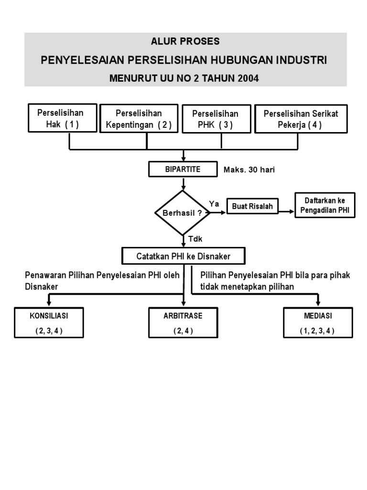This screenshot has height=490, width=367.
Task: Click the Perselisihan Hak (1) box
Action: tap(63, 119)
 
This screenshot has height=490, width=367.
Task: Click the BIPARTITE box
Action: tap(183, 169)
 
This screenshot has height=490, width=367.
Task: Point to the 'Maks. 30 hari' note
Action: tap(249, 170)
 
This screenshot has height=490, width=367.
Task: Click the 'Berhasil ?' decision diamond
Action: tap(183, 213)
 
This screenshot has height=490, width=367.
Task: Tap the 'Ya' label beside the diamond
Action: tap(214, 204)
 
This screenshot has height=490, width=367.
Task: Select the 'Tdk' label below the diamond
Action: tap(194, 239)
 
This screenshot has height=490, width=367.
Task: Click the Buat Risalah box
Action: tap(252, 206)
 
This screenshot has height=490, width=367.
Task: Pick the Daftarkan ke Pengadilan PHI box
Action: tap(325, 205)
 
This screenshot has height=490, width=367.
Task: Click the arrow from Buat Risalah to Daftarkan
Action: tap(286, 211)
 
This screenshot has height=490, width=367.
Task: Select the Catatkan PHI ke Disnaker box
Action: tap(183, 256)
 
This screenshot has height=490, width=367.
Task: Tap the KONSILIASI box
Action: tap(49, 323)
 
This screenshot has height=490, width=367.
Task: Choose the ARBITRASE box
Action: tap(183, 323)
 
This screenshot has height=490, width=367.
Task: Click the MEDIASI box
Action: tap(318, 323)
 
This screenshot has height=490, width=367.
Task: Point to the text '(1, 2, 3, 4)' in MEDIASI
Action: tap(318, 330)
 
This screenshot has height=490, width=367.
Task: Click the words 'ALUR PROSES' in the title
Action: tap(185, 42)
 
